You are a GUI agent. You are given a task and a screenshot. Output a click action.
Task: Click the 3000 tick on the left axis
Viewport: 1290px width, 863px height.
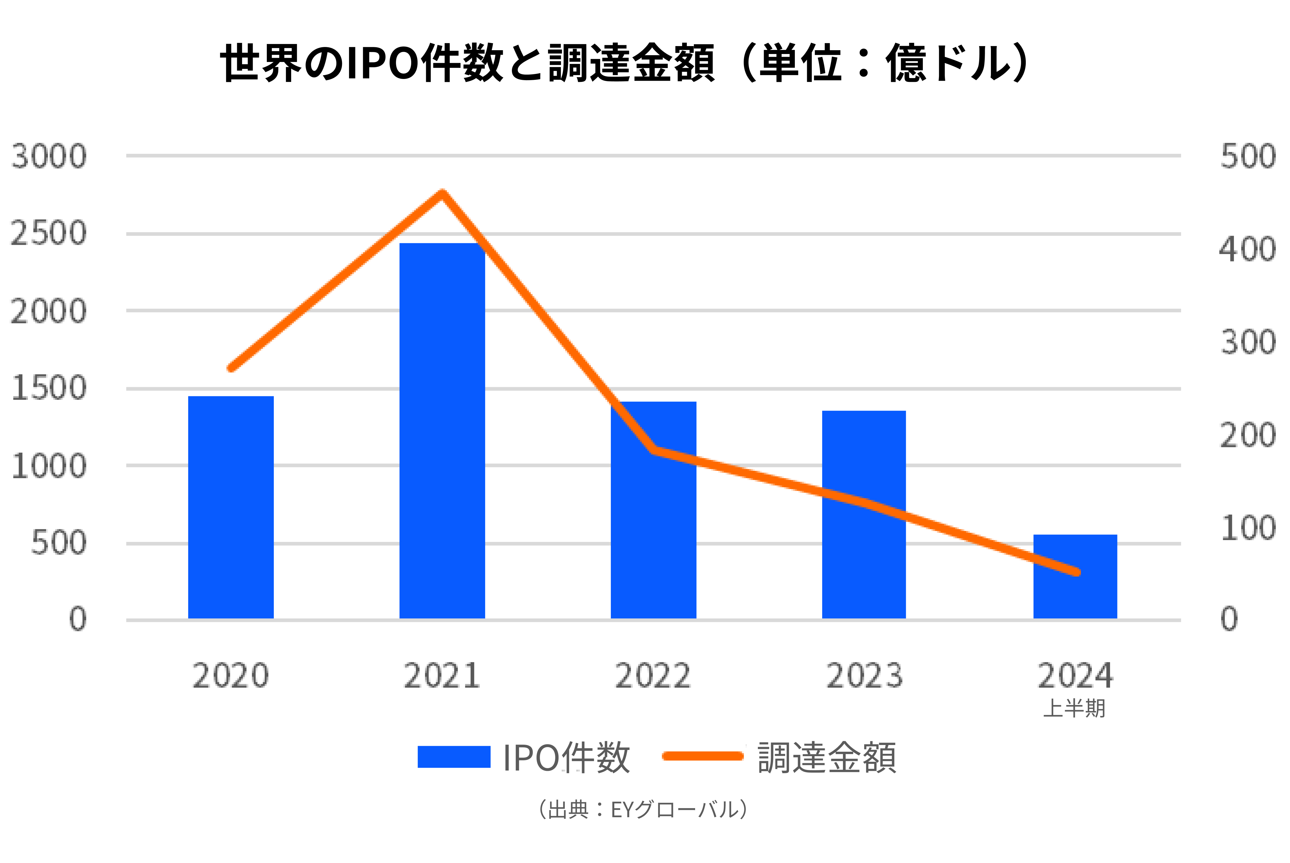click(48, 156)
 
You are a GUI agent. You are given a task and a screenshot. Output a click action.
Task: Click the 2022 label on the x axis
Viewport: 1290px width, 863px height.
click(653, 675)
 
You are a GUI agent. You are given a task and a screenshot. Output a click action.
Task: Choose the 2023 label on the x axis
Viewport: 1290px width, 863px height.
click(864, 675)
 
